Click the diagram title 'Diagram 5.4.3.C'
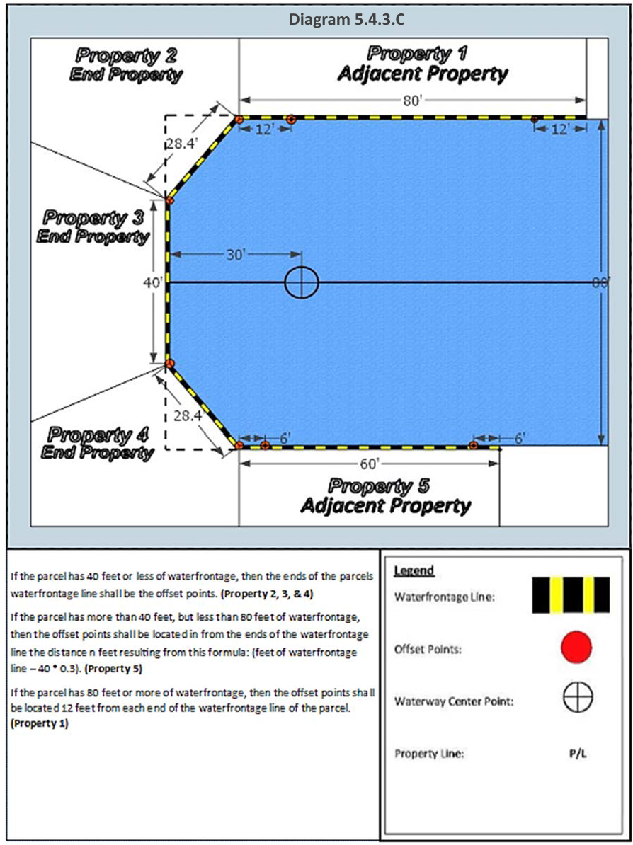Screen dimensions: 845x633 pos(346,19)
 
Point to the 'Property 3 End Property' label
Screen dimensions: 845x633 pos(93,226)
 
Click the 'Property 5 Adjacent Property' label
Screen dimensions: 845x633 pos(386,495)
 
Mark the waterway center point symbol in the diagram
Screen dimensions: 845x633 pos(302,282)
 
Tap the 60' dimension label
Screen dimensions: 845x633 pos(371,464)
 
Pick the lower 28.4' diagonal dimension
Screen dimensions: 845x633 pos(188,416)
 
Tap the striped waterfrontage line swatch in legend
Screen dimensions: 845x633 pos(570,595)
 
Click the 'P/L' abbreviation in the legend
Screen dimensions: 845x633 pos(577,754)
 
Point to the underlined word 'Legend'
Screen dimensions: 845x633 pos(414,571)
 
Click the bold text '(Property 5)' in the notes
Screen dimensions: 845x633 pos(113,666)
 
